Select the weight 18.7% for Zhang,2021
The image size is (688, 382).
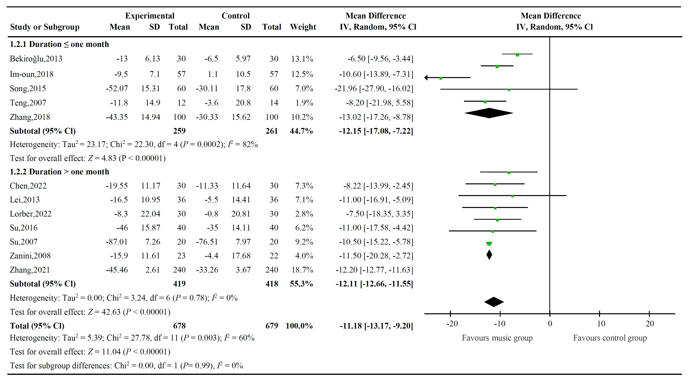tap(302, 270)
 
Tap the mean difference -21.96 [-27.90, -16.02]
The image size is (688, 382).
tap(374, 88)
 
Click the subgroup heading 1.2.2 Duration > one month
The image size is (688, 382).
tap(59, 172)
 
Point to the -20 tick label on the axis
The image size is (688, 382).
tap(452, 324)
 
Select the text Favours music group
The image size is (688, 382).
tap(497, 338)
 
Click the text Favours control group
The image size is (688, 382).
tap(610, 338)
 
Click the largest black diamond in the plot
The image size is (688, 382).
tap(489, 113)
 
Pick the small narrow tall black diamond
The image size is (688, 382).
tap(489, 255)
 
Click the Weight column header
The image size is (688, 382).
tap(303, 27)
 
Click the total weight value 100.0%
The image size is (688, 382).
tap(299, 326)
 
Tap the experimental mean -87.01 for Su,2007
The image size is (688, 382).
tap(117, 242)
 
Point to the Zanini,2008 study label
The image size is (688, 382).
tap(30, 256)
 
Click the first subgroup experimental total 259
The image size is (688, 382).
tap(179, 131)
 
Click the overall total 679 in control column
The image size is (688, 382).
tap(272, 326)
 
